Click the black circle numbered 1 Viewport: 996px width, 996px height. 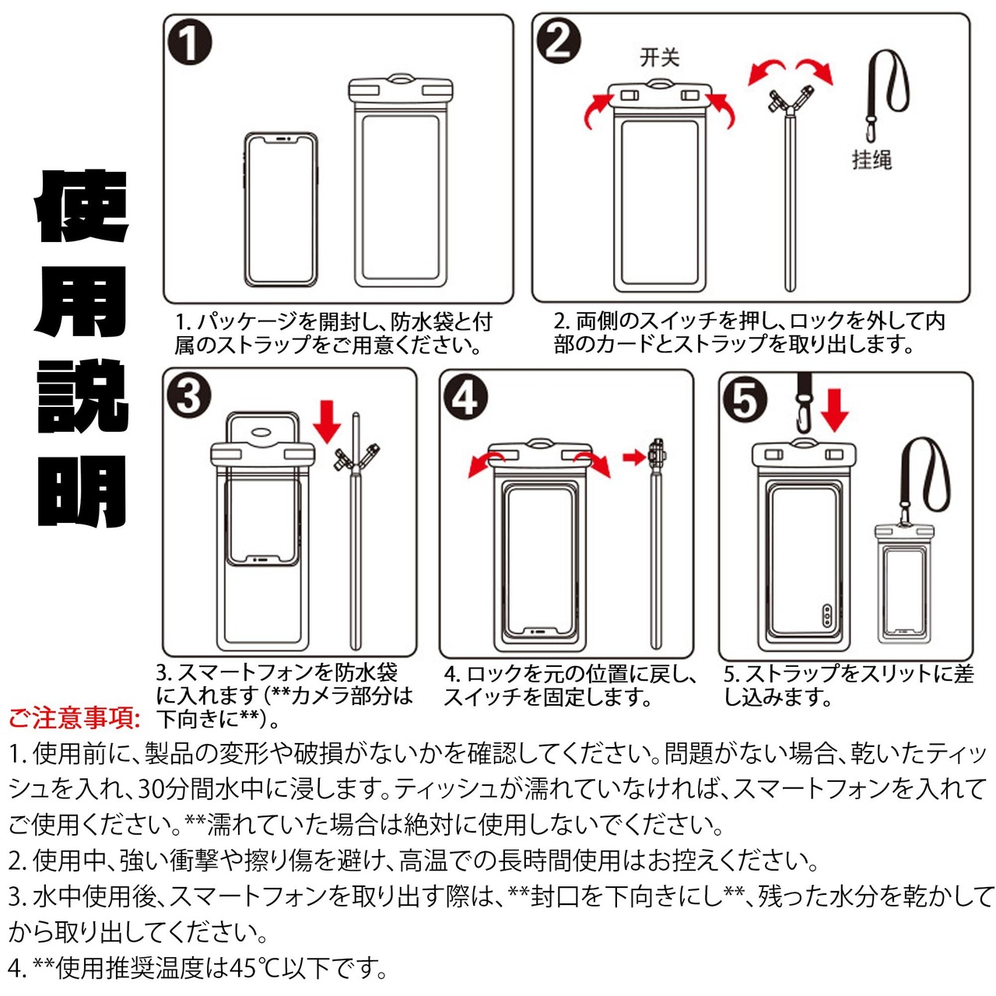190,42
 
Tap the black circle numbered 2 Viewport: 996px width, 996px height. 559,41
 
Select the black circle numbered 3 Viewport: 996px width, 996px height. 188,397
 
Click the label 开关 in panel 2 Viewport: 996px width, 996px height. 660,58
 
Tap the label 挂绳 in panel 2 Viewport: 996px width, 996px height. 872,160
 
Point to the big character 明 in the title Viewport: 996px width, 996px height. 81,491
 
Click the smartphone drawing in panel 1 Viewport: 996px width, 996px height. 280,209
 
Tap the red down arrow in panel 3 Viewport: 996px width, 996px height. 327,420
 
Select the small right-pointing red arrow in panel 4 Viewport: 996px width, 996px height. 633,457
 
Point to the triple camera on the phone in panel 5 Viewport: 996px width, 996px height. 826,616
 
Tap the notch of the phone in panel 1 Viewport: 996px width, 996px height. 280,139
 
